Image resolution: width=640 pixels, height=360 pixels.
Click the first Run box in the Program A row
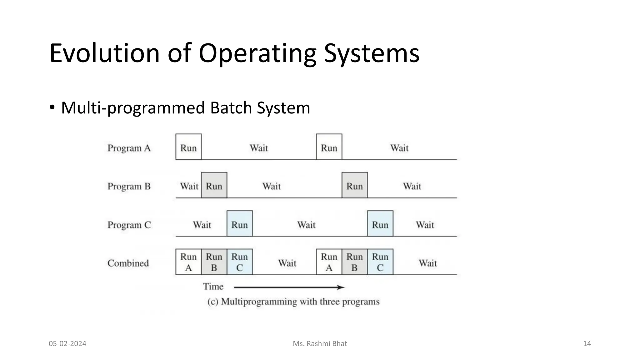188,147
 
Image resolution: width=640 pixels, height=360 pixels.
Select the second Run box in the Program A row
329,147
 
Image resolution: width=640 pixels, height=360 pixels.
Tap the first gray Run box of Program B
214,185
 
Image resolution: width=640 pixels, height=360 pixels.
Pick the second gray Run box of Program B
355,185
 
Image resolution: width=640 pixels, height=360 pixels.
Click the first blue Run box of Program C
240,224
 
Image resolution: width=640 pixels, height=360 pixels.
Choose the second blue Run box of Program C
380,224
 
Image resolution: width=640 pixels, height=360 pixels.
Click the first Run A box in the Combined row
188,262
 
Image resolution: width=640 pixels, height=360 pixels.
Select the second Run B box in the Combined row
355,262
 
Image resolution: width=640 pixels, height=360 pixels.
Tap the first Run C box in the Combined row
240,262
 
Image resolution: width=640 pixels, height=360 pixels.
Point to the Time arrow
289,287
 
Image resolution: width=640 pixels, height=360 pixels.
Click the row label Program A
129,148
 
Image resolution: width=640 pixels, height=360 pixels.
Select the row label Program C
129,225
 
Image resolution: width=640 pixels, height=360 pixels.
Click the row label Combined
128,263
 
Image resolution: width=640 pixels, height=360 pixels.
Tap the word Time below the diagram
213,287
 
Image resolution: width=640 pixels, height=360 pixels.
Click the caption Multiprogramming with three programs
293,302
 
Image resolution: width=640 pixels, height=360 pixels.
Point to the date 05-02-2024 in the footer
67,344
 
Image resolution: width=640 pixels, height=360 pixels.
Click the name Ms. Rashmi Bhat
320,344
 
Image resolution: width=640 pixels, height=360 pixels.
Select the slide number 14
587,344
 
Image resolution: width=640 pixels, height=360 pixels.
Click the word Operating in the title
257,54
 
